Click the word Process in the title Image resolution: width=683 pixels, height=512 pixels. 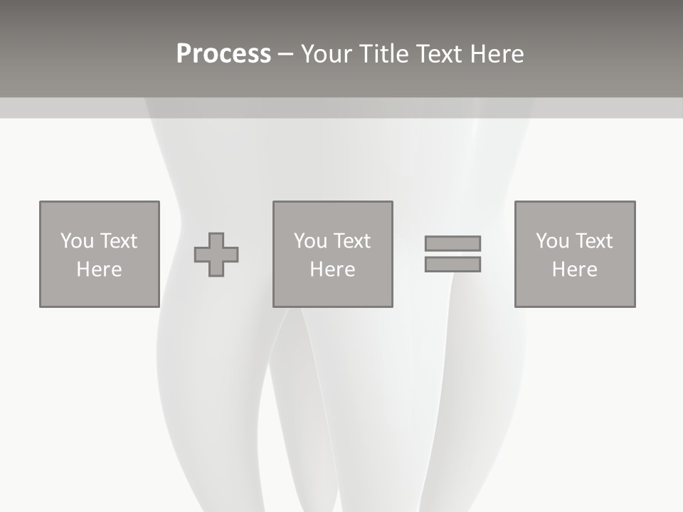(x=223, y=54)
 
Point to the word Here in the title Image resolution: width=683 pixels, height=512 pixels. (x=497, y=54)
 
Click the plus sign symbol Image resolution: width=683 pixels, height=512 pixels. (x=216, y=255)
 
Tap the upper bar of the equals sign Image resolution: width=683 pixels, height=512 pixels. (x=452, y=243)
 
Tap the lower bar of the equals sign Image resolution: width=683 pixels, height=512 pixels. (x=452, y=264)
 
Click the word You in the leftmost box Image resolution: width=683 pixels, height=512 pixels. (x=77, y=241)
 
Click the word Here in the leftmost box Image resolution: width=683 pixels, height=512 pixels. (x=99, y=270)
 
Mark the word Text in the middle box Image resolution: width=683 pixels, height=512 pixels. (x=351, y=241)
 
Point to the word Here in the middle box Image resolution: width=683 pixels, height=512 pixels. (x=332, y=270)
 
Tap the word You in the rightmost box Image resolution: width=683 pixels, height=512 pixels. (x=552, y=241)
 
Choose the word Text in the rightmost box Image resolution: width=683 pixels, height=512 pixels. (x=593, y=241)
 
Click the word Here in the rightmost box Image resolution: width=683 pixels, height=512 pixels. (x=574, y=270)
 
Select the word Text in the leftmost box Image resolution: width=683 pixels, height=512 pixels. (x=118, y=241)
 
